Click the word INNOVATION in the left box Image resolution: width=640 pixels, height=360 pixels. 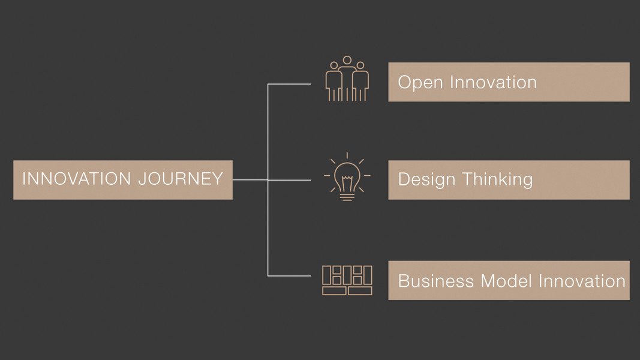(x=76, y=179)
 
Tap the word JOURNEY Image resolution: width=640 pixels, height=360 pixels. (x=181, y=179)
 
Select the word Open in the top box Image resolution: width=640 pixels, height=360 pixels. (x=420, y=83)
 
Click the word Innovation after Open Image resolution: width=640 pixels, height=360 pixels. (x=494, y=82)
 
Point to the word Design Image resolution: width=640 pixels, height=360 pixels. (x=426, y=180)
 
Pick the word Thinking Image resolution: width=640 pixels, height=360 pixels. (x=498, y=180)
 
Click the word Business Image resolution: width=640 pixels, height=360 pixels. (x=436, y=281)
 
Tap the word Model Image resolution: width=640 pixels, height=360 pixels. (x=506, y=281)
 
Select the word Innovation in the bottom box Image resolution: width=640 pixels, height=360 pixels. (x=582, y=281)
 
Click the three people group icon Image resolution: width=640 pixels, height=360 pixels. (x=347, y=79)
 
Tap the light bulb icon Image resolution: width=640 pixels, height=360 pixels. (x=347, y=177)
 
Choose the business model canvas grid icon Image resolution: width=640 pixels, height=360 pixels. (x=347, y=280)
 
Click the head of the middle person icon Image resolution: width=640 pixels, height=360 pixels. (x=347, y=60)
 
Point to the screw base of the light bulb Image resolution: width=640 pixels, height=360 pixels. (x=347, y=197)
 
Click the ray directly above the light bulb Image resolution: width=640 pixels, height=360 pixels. (x=347, y=155)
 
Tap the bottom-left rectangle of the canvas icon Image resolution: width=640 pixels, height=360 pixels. (x=334, y=290)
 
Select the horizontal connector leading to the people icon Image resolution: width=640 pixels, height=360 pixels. (x=289, y=84)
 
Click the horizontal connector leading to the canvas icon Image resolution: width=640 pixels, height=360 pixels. (x=289, y=276)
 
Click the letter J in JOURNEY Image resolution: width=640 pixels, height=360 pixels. (x=142, y=179)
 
